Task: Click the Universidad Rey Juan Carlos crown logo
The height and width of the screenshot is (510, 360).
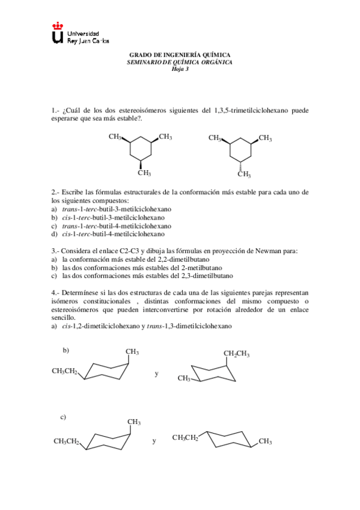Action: click(58, 34)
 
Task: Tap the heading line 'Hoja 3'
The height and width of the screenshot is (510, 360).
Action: click(180, 68)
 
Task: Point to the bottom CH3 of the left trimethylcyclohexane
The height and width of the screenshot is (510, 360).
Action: click(144, 174)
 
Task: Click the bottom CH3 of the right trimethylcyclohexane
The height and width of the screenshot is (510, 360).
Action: click(243, 175)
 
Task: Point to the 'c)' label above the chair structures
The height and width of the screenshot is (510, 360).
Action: click(63, 417)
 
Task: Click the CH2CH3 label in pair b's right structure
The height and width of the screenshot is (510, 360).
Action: click(236, 354)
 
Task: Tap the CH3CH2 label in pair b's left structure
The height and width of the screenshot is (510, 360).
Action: click(64, 371)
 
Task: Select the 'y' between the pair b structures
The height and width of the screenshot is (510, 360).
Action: click(156, 373)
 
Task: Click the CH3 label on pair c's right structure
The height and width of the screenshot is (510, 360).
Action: click(265, 442)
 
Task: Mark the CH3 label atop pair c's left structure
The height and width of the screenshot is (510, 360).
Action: click(134, 422)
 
